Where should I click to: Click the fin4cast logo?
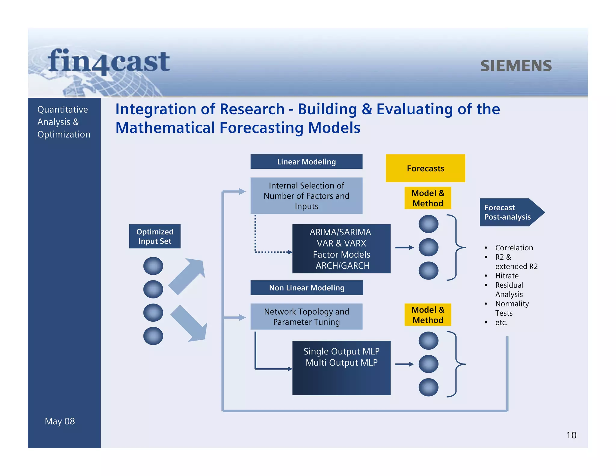109,62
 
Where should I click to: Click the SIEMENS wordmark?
516,66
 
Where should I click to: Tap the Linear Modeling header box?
306,162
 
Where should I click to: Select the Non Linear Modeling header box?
306,288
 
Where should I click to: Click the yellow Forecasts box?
425,168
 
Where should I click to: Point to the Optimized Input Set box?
155,236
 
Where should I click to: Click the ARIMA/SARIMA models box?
341,249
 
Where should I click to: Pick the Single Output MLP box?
341,367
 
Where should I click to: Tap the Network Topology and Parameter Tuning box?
306,317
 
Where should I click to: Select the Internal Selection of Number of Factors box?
306,196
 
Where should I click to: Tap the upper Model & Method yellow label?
427,198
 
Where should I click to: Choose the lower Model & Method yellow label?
427,315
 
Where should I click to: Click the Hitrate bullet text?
507,276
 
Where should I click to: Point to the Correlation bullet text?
514,248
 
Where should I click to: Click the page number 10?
571,435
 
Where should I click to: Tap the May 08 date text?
60,421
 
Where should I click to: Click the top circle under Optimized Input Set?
153,266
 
